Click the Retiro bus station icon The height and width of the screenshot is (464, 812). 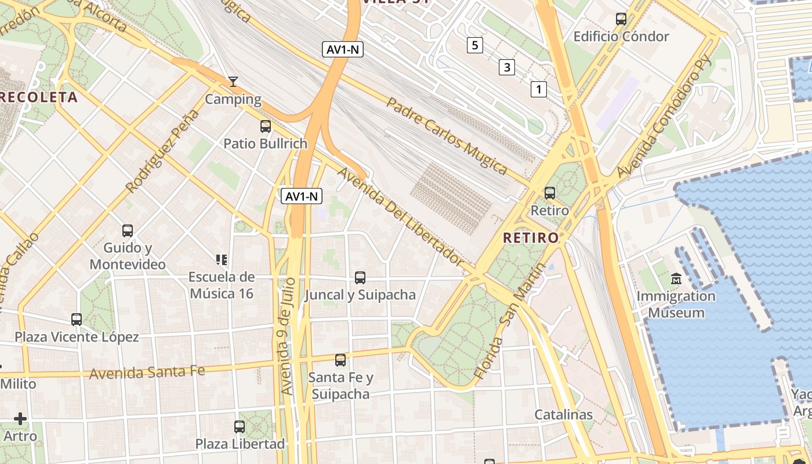coord(549,193)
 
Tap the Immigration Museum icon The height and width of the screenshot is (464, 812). coord(676,279)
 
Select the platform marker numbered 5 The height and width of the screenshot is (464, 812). coord(474,45)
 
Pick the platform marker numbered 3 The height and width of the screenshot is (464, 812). coord(506,67)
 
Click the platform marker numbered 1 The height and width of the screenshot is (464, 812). coord(538,89)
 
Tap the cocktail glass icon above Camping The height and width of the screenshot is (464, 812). coord(233,82)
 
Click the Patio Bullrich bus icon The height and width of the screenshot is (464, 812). coord(266,126)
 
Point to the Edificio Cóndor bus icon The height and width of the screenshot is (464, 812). coord(621,19)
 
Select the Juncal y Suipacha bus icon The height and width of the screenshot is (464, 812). coord(360,278)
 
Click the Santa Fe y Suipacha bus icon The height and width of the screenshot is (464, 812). coord(340,360)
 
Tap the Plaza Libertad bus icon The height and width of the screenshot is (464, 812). coord(240,427)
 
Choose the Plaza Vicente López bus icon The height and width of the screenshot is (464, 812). coord(77,319)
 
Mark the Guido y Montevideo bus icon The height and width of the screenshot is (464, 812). coord(128,230)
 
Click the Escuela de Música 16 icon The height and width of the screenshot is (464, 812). coord(221,259)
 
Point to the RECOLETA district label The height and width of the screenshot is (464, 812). coord(38,97)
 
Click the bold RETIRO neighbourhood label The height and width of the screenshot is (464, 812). coord(531,237)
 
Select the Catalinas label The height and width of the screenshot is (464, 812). coord(563,414)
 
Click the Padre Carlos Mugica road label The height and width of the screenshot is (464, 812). coord(447,136)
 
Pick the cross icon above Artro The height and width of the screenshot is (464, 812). coord(20,418)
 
